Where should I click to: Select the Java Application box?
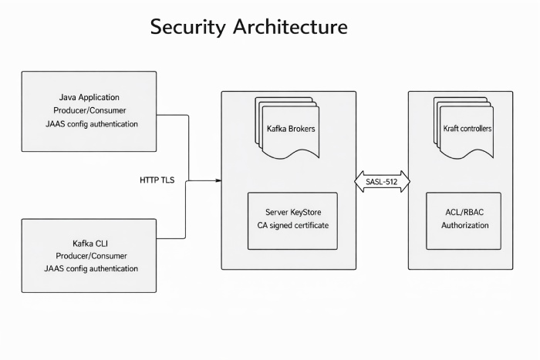click(89, 110)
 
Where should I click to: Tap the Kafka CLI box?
click(89, 255)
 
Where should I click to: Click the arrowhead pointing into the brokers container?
click(218, 180)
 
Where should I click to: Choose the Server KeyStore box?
click(292, 220)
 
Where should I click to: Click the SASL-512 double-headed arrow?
click(382, 182)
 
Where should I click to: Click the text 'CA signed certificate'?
click(292, 226)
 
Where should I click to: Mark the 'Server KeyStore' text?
click(292, 213)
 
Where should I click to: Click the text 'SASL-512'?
click(382, 182)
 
